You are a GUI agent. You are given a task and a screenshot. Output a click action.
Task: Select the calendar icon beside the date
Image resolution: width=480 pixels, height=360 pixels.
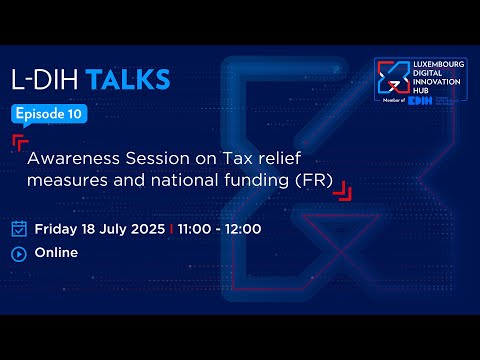point(18,228)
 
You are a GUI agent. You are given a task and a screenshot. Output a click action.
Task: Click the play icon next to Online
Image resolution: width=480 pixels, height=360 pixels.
point(18,253)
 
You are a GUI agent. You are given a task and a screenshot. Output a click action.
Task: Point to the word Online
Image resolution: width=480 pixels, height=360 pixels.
point(56,253)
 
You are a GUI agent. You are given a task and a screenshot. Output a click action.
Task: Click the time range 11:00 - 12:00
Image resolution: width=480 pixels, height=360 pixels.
point(220,228)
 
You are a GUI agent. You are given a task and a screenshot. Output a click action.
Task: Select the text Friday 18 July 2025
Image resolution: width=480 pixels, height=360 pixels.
point(100,228)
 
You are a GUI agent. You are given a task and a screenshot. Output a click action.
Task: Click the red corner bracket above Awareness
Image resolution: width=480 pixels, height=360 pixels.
point(20,140)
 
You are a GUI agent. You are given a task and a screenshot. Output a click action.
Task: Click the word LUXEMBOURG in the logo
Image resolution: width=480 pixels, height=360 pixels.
point(437,64)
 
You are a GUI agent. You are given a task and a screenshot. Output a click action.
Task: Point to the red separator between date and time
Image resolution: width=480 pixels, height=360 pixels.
point(171,228)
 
